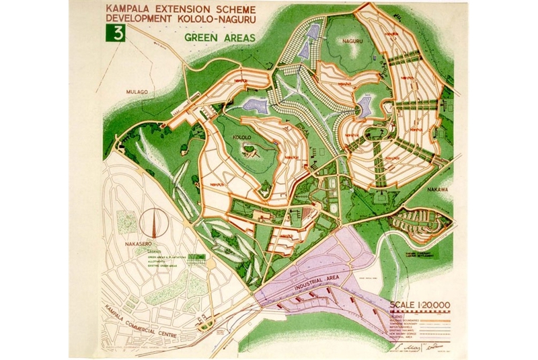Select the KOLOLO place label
[241, 138]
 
